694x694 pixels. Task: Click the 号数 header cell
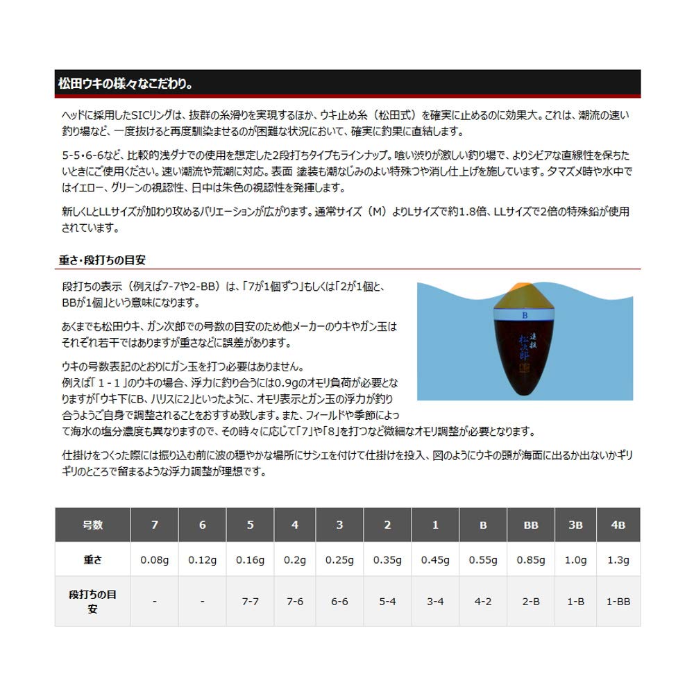pos(92,525)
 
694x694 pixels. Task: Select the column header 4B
pos(618,525)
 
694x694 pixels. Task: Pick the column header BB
pos(531,525)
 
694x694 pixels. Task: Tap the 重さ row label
pos(92,559)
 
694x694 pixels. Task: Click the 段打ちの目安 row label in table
pos(92,601)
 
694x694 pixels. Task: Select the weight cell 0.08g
pos(154,559)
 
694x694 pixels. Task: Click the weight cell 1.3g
pos(618,559)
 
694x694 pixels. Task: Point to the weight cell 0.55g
pos(483,559)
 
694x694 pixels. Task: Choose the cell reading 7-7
pos(250,601)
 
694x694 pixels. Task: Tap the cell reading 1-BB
pos(618,601)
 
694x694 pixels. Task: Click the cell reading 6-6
pos(339,601)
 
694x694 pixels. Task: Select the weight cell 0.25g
pos(339,559)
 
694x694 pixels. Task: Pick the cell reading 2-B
pos(531,601)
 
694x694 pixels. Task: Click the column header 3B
pos(575,525)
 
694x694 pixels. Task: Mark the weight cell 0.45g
pos(435,559)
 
